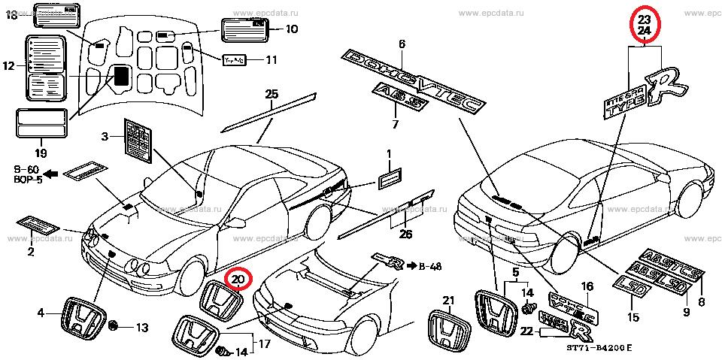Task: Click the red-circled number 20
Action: [238, 281]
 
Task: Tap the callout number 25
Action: [271, 93]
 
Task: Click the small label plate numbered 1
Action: [389, 180]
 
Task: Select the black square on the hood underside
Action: [120, 76]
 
